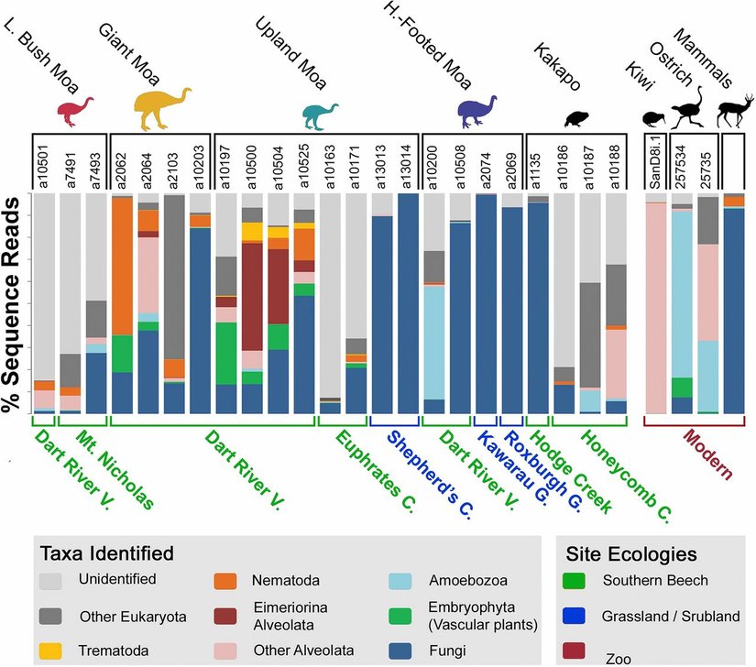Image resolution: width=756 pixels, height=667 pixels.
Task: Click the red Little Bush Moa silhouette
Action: coord(74,110)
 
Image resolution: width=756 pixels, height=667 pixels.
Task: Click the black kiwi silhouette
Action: coord(656,117)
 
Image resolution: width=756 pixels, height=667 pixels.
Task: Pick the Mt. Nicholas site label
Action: coord(115,469)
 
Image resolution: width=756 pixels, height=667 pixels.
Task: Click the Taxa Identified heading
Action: coord(106,553)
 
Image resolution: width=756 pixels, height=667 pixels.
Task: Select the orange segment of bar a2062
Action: coord(122,266)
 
